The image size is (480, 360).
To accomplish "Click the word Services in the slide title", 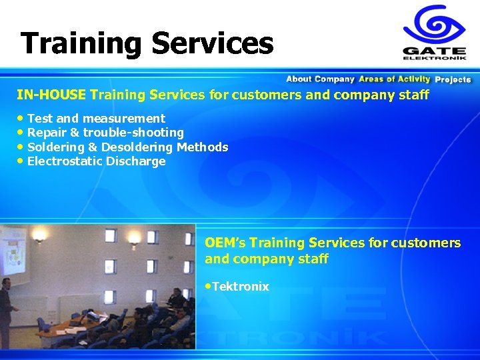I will [212, 44].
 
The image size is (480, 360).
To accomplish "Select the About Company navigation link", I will [320, 79].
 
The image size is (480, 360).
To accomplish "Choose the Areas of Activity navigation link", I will [394, 79].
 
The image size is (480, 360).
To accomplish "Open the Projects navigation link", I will [453, 79].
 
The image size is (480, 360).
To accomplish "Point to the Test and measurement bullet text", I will [96, 119].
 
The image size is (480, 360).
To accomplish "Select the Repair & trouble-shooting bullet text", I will [105, 133].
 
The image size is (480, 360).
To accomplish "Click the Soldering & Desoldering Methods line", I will [127, 147].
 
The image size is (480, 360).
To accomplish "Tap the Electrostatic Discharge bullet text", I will [96, 161].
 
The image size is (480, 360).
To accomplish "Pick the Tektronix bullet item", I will [240, 287].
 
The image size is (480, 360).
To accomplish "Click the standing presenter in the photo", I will [7, 307].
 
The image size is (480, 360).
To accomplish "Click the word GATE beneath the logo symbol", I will [433, 50].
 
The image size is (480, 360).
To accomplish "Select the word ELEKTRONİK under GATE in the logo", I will [433, 58].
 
